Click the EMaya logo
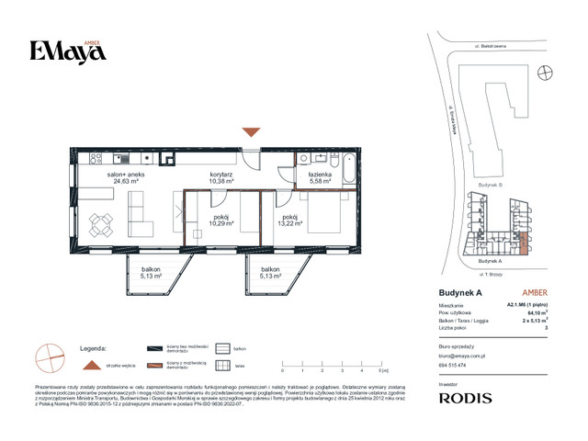coord(67,51)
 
